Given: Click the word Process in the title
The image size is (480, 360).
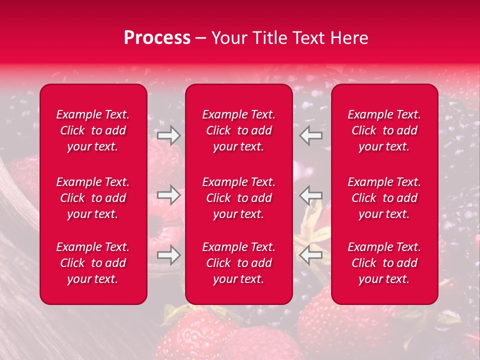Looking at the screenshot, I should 157,38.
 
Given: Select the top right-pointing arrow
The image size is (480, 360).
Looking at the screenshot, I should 168,135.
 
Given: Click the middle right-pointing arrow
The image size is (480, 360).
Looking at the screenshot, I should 168,195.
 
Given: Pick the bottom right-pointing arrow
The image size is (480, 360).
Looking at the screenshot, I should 168,255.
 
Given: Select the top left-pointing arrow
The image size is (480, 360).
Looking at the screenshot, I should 311,135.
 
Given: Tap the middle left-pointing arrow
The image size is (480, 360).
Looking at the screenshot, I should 311,195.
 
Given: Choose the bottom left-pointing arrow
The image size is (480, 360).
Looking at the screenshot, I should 311,255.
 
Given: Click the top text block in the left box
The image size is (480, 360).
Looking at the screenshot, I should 93,130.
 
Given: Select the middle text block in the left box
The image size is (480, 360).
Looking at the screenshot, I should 93,198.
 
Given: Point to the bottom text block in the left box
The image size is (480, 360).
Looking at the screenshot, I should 93,263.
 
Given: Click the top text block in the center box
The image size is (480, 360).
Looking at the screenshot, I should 239,130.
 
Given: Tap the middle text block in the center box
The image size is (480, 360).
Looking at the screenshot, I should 239,198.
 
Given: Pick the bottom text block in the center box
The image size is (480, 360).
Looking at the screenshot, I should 239,263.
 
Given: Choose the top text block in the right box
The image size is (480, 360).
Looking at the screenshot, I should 384,130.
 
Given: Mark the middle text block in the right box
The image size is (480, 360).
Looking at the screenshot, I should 384,198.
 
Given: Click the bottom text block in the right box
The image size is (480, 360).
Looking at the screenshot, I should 384,263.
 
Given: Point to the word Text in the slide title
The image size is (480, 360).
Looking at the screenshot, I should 309,38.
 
